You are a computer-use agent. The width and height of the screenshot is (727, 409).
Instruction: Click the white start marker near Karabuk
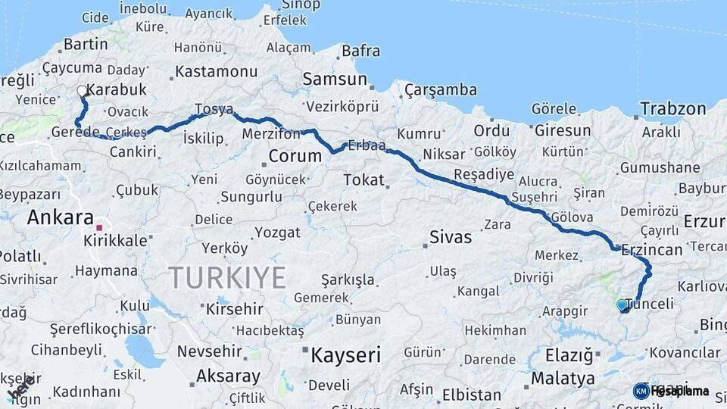coord(82,92)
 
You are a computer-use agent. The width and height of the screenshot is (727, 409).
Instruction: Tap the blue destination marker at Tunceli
coord(622,305)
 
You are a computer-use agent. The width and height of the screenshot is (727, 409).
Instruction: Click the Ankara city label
coord(61,217)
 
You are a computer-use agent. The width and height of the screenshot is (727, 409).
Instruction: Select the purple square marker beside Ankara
coord(98,226)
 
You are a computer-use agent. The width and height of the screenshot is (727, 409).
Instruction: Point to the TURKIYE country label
coord(227,277)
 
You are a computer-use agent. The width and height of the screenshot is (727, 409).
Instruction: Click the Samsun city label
coord(335,79)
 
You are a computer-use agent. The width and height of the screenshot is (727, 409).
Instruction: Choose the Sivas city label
coord(451,237)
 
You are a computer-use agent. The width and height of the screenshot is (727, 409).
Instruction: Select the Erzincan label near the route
coord(652,248)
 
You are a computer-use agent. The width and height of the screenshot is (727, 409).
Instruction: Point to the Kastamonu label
coord(217,72)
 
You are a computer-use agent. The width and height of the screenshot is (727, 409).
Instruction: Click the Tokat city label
coord(363,180)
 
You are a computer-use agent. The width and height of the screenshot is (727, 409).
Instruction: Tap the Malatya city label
coord(563,377)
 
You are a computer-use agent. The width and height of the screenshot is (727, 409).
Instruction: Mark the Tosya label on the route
coord(214,109)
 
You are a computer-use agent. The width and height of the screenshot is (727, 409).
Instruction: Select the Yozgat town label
coord(278,232)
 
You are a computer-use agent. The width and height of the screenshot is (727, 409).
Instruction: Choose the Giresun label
coord(563,130)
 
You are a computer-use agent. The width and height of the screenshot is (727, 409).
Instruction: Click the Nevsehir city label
coord(210,351)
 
